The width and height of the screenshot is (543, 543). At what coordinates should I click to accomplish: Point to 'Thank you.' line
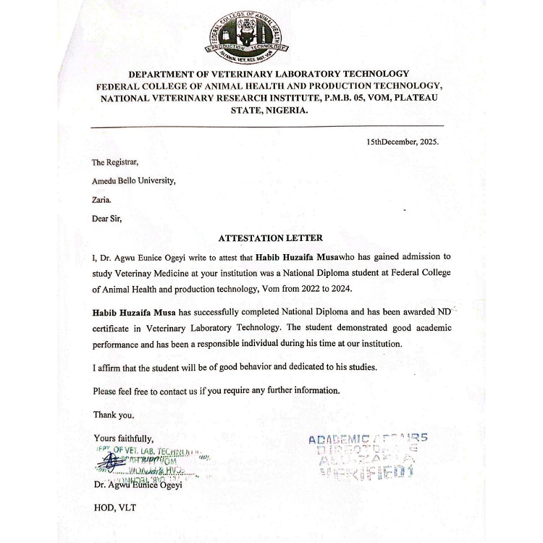click(x=114, y=415)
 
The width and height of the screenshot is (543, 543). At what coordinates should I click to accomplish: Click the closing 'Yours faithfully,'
click(x=123, y=438)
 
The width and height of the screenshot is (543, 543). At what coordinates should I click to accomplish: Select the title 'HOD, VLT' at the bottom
click(x=114, y=508)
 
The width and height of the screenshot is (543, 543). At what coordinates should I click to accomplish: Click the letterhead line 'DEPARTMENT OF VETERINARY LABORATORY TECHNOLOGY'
click(x=269, y=74)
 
